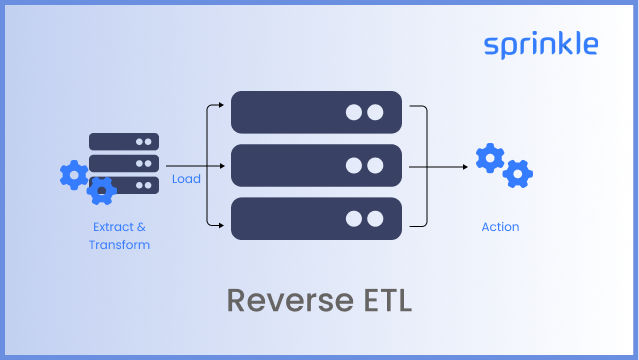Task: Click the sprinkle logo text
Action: [x=541, y=45]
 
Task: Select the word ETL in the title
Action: [x=381, y=299]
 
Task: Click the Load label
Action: [x=186, y=179]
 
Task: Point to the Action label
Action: [x=500, y=227]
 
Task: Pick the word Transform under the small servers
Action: [x=119, y=245]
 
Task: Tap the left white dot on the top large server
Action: [x=354, y=112]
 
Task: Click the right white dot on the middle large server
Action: [x=375, y=165]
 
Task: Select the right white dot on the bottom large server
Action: [x=375, y=218]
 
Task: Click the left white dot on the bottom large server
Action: [x=354, y=218]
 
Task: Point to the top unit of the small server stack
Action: [x=124, y=141]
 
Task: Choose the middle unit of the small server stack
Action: [x=124, y=162]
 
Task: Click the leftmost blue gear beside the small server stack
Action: [x=74, y=175]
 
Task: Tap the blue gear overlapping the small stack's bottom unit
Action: [x=101, y=189]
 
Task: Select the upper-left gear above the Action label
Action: [x=490, y=158]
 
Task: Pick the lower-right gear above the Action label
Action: [x=517, y=174]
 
